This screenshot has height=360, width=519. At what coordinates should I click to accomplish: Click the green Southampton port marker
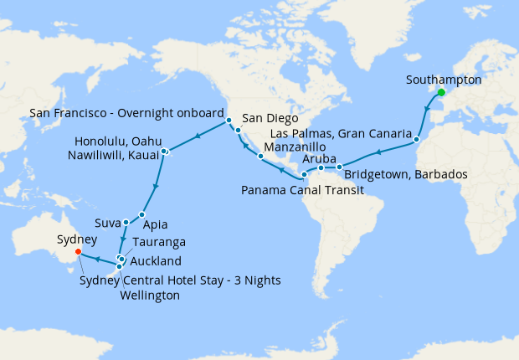point(441,92)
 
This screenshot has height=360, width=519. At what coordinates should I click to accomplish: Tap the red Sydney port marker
point(78,250)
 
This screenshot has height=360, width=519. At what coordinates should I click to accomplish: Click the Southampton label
point(443,80)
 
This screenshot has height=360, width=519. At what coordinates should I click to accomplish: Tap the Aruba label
point(318,158)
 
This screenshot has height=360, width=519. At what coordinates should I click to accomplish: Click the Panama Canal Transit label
point(302,191)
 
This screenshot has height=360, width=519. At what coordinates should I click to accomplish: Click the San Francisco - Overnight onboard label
point(126,112)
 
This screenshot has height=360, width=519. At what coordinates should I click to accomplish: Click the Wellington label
point(150,296)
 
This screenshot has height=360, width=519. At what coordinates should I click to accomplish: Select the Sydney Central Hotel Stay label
point(180,280)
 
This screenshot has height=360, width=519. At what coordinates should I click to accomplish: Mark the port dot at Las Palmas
point(417,143)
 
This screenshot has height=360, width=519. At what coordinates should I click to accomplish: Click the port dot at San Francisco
point(228,121)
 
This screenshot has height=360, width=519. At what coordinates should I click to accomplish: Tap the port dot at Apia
point(141,215)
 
